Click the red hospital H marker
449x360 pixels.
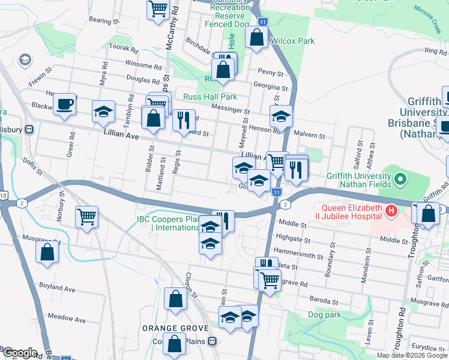(391, 211)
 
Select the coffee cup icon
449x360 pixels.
(64, 104)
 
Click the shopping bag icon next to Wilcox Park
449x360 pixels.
(256, 37)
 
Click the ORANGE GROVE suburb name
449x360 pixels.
(175, 328)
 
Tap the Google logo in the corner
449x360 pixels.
(20, 352)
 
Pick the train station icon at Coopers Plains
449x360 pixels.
(212, 341)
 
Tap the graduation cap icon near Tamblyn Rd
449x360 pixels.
(103, 112)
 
